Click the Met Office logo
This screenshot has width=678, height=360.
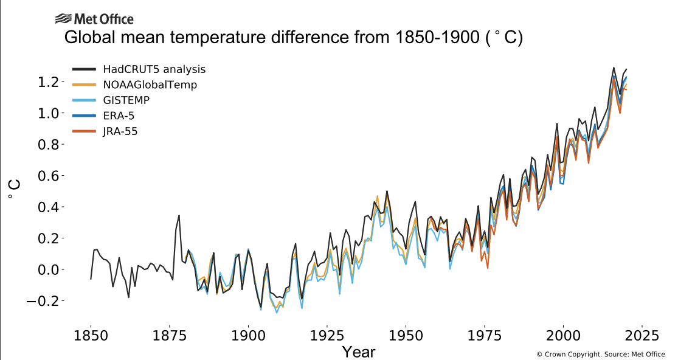94,19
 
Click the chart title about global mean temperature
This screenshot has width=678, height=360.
294,38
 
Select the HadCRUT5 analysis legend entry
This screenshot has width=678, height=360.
154,69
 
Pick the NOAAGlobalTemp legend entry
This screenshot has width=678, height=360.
150,85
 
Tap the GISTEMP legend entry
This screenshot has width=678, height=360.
126,100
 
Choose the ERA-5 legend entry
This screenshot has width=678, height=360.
119,115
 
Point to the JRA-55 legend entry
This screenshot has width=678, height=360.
120,131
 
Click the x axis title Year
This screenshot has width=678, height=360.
358,351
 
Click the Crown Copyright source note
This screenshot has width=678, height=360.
600,354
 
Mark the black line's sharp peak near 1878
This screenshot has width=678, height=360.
179,215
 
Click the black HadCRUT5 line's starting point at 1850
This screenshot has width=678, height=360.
91,279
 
